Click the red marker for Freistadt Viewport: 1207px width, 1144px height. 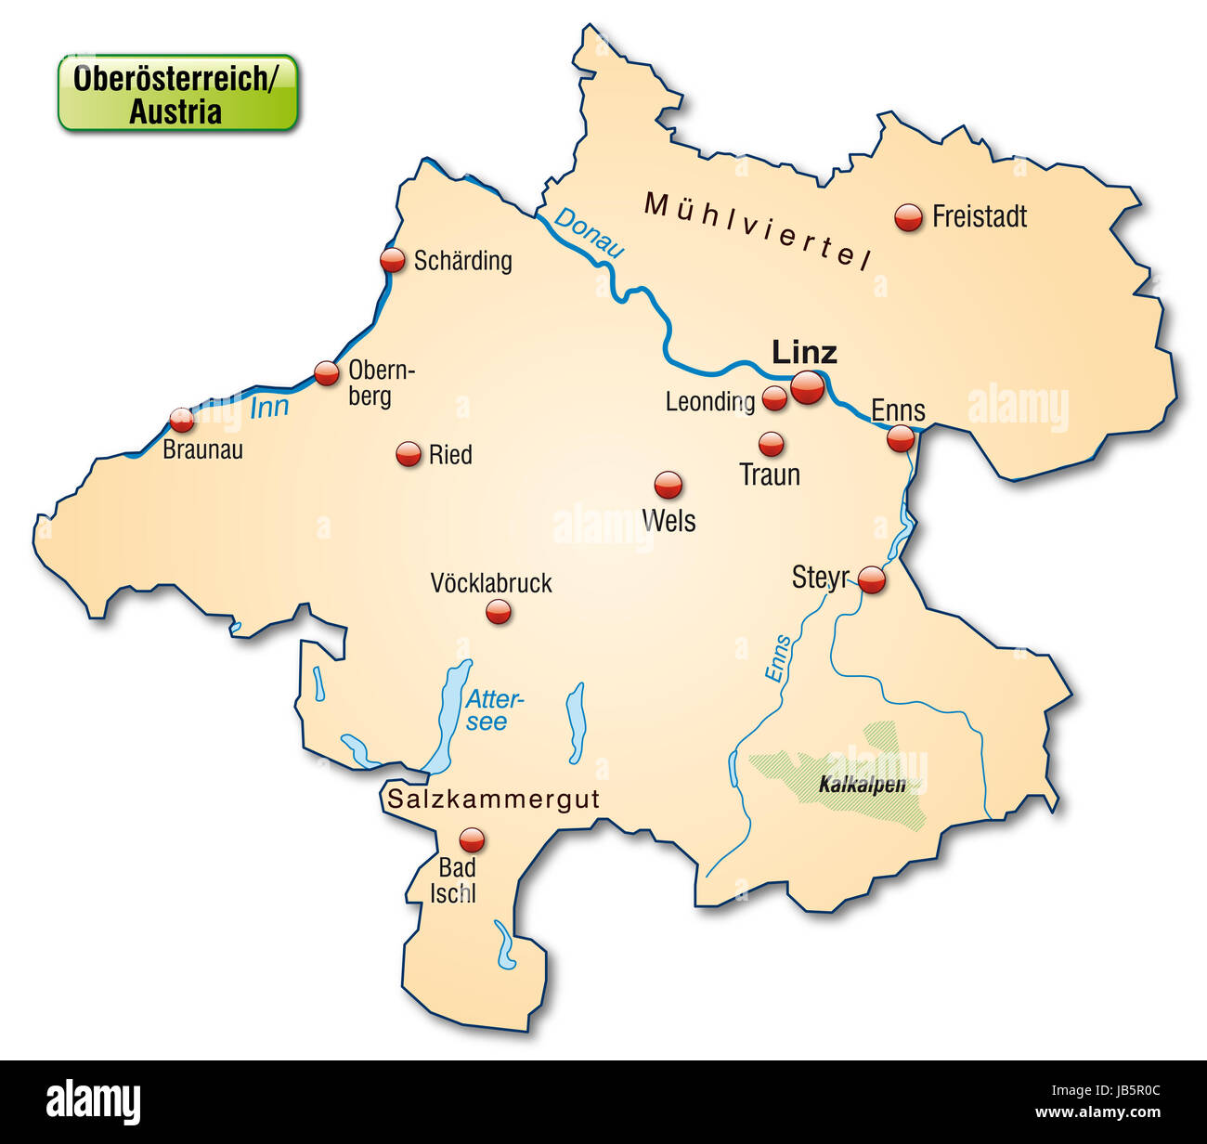click(909, 217)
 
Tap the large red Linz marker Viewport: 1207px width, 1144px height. click(807, 387)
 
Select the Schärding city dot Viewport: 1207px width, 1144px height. click(393, 260)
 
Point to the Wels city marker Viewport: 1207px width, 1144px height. click(668, 484)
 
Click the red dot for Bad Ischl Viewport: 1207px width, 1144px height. click(473, 840)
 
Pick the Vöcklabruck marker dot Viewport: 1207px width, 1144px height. click(499, 611)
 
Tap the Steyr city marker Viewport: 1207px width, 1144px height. click(871, 579)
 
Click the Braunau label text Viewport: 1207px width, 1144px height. click(202, 450)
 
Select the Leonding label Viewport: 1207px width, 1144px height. click(709, 401)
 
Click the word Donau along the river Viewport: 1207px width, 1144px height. click(589, 232)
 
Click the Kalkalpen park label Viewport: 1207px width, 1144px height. click(862, 785)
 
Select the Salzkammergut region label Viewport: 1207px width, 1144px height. click(493, 799)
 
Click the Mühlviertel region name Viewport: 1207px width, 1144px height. click(757, 230)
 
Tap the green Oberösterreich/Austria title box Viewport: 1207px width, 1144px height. click(177, 93)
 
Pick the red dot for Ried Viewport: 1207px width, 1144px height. click(409, 454)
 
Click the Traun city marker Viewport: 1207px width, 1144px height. click(771, 444)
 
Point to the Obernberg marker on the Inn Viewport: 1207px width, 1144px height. click(326, 373)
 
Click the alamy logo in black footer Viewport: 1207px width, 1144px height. click(94, 1102)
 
